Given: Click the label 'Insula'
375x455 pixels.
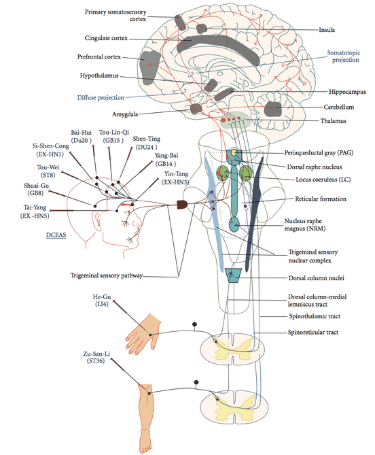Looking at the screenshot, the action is (x=327, y=30).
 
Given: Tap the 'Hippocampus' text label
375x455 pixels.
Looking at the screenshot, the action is (x=347, y=92).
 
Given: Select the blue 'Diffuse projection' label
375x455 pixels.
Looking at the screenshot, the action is (x=101, y=97).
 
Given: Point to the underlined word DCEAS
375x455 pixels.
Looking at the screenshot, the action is (x=56, y=235).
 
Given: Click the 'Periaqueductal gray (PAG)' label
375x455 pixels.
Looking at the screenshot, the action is (x=319, y=152).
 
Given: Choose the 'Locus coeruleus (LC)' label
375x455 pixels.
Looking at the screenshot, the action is (x=323, y=180).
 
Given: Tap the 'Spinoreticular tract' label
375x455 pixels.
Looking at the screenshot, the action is (x=313, y=333).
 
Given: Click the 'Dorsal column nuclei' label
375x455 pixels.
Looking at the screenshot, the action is (x=316, y=278).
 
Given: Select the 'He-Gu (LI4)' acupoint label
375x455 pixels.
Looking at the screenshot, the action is (x=102, y=301).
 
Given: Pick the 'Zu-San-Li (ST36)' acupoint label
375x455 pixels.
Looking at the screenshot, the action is (x=96, y=358).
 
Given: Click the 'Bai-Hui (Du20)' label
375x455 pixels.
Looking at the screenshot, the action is (x=81, y=137).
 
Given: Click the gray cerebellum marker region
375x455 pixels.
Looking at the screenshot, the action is (x=273, y=109).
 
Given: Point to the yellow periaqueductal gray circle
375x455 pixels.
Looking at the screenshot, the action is (x=234, y=152).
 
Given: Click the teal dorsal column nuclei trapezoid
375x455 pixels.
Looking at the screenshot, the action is (x=233, y=275).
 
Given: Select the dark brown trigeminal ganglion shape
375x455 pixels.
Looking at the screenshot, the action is (x=182, y=205).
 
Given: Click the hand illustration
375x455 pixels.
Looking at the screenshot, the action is (x=143, y=334).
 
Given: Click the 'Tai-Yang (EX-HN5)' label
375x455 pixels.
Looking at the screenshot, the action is (x=35, y=212).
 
